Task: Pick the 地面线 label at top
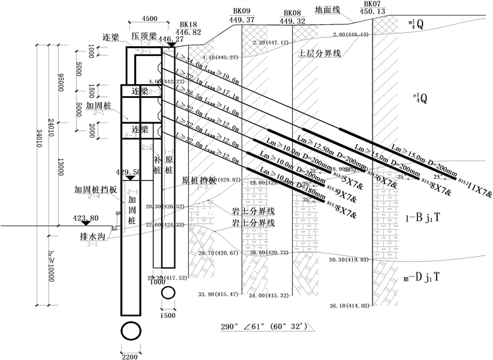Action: [327, 10]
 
